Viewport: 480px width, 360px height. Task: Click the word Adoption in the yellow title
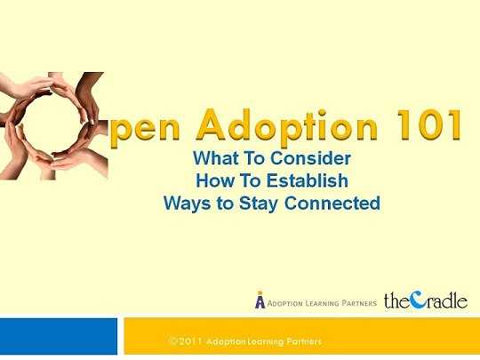[286, 125]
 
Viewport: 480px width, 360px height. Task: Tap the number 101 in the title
[428, 124]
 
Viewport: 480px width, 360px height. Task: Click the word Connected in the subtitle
[332, 203]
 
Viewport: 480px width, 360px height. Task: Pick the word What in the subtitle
[215, 158]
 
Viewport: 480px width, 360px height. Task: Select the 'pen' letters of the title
[145, 129]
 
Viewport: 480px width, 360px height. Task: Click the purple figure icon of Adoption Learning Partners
[260, 300]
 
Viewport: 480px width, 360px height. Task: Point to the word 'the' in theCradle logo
[397, 300]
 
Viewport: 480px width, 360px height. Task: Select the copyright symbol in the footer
[173, 341]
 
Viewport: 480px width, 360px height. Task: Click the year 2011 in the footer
[190, 341]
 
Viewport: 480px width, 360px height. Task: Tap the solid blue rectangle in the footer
[59, 336]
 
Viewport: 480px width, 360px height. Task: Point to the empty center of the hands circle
[52, 124]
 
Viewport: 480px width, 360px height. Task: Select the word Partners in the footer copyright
[304, 341]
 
